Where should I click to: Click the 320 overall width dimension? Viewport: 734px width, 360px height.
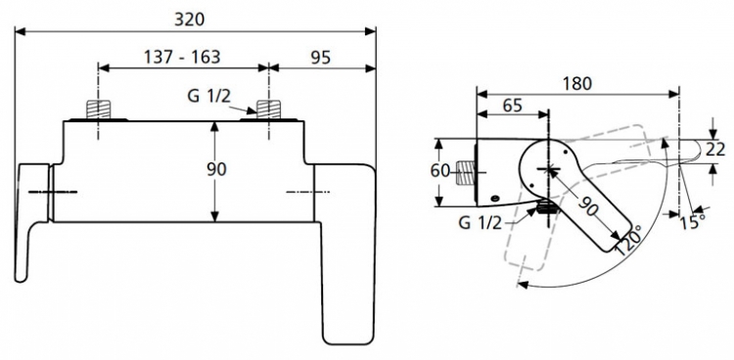click(190, 20)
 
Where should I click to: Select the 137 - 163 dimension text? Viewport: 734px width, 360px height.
click(182, 57)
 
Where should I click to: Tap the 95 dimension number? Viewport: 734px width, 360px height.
click(321, 57)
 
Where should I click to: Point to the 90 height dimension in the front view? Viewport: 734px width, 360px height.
click(216, 169)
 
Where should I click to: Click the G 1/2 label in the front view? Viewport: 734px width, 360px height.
click(209, 96)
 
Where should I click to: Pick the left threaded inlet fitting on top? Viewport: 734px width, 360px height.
click(98, 110)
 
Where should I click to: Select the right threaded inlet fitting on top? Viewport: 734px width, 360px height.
click(268, 110)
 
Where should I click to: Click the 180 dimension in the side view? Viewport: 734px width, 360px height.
click(576, 83)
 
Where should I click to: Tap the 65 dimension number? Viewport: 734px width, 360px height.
click(512, 106)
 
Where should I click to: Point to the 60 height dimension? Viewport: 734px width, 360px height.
click(439, 171)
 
